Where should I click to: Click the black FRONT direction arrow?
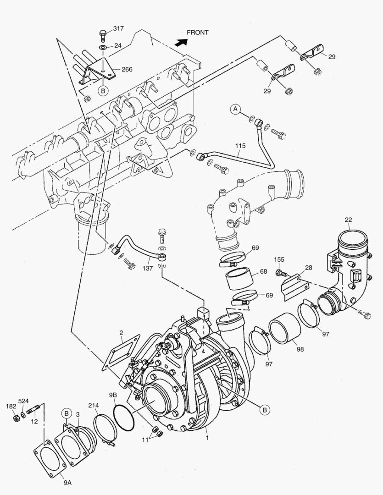pos(182,42)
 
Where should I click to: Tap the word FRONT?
pos(198,33)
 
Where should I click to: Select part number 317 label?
pos(118,28)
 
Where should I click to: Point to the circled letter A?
pos(235,109)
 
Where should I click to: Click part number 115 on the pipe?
pos(240,146)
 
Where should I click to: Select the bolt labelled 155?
pos(278,273)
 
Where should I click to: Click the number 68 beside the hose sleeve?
pos(263,271)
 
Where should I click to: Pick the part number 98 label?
pos(300,349)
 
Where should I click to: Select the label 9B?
pos(113,395)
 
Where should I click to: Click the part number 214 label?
pos(94,406)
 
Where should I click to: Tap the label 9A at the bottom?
pos(67,482)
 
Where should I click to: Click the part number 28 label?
pos(295,267)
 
